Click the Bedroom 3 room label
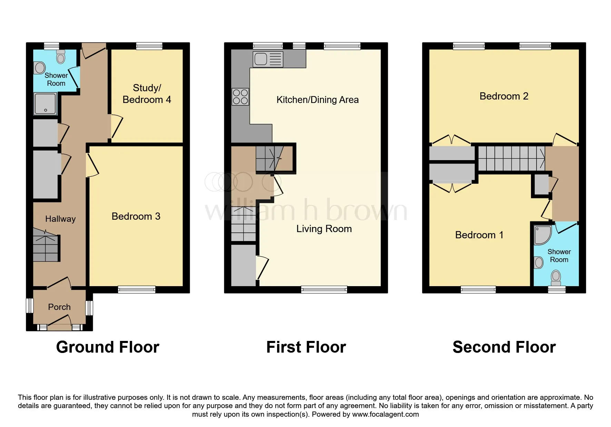click(x=136, y=216)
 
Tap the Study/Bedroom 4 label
click(x=147, y=94)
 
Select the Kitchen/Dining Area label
click(x=317, y=100)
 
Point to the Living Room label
click(x=324, y=229)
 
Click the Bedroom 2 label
click(x=504, y=96)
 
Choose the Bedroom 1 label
click(x=479, y=235)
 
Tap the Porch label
click(x=59, y=307)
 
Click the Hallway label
click(x=60, y=219)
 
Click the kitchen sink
click(x=268, y=59)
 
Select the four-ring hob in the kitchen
click(x=240, y=96)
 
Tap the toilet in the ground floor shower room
click(x=61, y=57)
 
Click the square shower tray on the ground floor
click(x=45, y=104)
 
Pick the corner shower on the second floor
click(x=543, y=235)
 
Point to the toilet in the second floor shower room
click(x=555, y=278)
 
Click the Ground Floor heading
click(x=108, y=347)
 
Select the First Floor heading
click(x=306, y=347)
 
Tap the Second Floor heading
click(x=504, y=347)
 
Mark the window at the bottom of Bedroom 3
click(x=137, y=290)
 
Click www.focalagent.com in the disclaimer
click(x=385, y=414)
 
